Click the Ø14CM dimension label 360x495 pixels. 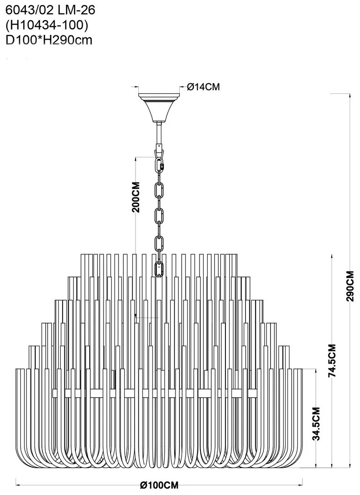click(x=203, y=87)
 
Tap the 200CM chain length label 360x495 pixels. click(x=136, y=197)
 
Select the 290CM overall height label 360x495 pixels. click(x=350, y=286)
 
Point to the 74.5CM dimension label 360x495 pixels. click(x=332, y=360)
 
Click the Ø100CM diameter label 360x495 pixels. click(x=160, y=485)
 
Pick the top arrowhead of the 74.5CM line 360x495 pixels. click(x=332, y=256)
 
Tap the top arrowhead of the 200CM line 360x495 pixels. click(x=136, y=159)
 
